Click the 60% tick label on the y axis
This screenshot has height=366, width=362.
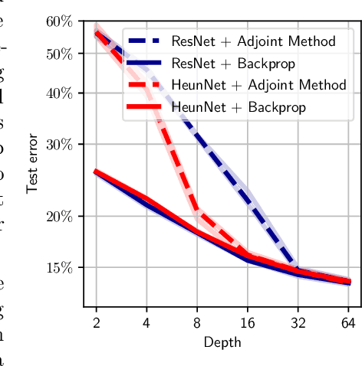[x=59, y=21]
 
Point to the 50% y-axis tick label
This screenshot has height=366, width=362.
[x=59, y=54]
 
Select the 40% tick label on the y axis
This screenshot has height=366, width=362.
[x=59, y=93]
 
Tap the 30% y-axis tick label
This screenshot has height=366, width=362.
[x=59, y=144]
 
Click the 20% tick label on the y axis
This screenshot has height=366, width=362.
[x=59, y=216]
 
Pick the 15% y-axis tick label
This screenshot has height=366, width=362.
[x=59, y=267]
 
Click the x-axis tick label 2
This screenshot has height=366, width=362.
[x=96, y=322]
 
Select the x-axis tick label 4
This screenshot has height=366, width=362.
[x=146, y=322]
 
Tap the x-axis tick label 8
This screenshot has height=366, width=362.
[x=197, y=322]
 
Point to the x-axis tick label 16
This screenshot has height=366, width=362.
[x=248, y=322]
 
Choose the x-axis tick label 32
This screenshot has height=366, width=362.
[x=298, y=322]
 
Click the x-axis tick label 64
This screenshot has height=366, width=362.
[x=349, y=322]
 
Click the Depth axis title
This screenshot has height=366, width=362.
[x=222, y=342]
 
